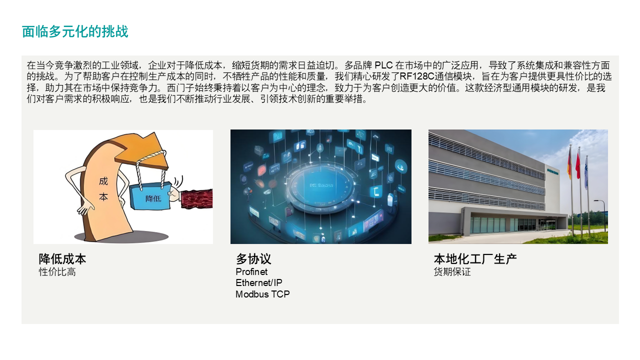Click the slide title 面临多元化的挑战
tap(75, 32)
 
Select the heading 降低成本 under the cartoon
tap(62, 259)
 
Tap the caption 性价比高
tap(57, 272)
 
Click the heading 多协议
tap(253, 259)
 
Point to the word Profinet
tap(251, 272)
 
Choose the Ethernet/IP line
tap(259, 283)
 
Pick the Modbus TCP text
tap(262, 294)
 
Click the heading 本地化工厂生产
tap(475, 259)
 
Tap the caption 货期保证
tap(452, 272)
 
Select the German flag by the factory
tap(569, 162)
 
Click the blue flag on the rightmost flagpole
tap(586, 167)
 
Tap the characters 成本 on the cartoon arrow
tap(103, 189)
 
